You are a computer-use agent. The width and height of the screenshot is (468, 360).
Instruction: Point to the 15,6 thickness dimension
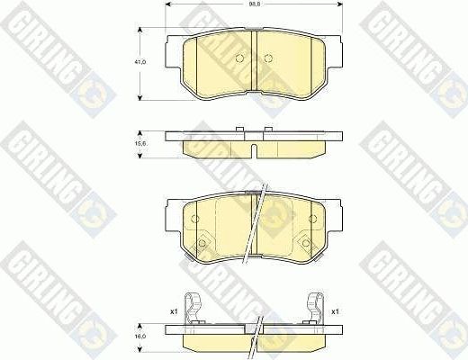coord(139,140)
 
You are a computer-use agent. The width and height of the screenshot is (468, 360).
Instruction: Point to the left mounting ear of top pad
coord(177,45)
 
